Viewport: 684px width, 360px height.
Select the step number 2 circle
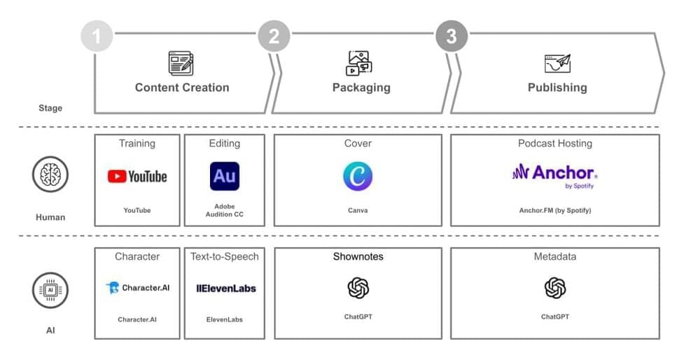(274, 36)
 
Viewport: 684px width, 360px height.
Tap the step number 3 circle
(452, 36)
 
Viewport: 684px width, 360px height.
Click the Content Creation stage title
(182, 88)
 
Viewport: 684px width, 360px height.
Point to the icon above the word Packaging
(360, 63)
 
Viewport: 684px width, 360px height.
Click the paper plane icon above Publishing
(557, 63)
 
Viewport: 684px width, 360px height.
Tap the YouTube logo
(137, 176)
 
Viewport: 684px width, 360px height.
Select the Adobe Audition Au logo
(225, 176)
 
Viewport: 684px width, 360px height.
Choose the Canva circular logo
(358, 176)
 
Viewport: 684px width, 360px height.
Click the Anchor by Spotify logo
(554, 174)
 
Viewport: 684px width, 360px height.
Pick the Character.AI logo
(137, 288)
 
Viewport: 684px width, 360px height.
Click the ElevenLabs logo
(225, 288)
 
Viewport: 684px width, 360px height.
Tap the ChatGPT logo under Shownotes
(358, 288)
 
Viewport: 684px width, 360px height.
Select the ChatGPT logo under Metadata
(555, 288)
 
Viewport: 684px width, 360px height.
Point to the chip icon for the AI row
(50, 291)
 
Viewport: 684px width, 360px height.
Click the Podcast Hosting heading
(555, 144)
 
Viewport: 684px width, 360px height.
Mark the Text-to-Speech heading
(225, 256)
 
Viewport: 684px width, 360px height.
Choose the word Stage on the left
(50, 109)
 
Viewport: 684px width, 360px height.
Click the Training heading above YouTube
(137, 144)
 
